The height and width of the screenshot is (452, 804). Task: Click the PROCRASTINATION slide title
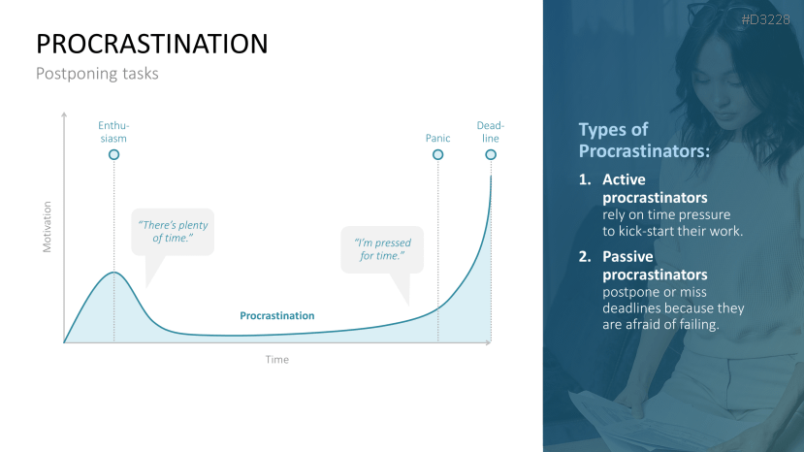tap(151, 44)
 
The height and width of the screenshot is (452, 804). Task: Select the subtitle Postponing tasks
tap(97, 74)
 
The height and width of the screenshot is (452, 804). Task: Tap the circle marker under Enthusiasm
tap(113, 154)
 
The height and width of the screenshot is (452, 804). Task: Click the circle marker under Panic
tap(438, 154)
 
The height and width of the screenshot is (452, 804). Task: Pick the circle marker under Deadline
tap(491, 154)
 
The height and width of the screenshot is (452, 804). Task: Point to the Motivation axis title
tap(48, 227)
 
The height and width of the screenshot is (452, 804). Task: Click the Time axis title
tap(276, 360)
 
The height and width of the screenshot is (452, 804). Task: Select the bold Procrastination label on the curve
tap(276, 315)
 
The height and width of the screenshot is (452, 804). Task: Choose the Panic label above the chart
tap(438, 138)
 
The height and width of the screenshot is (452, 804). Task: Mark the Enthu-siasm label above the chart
tap(113, 132)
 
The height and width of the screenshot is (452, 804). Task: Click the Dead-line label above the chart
tap(491, 132)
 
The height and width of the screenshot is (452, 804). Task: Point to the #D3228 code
tap(765, 20)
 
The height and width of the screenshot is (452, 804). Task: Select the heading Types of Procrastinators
tap(644, 140)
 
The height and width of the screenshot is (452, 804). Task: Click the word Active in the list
tap(624, 179)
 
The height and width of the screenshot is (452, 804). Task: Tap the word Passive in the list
tap(627, 256)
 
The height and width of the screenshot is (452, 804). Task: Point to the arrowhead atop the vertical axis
tap(64, 114)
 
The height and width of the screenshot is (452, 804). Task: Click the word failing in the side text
tap(699, 325)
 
